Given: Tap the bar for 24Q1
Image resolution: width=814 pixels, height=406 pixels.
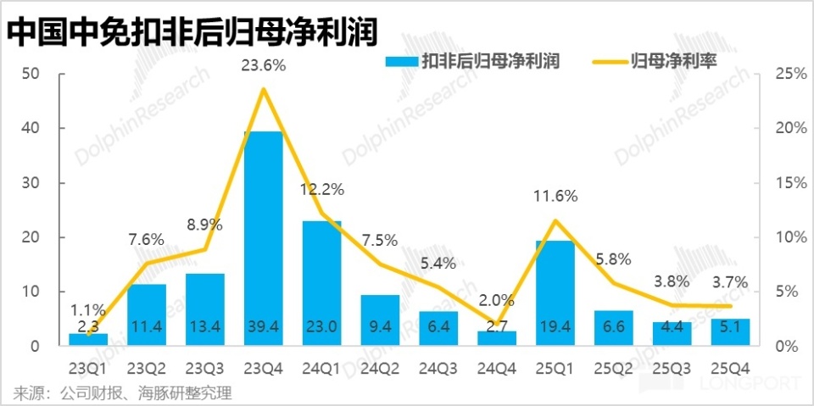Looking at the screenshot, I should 321,280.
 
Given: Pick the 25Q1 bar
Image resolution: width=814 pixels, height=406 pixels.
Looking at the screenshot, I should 555,288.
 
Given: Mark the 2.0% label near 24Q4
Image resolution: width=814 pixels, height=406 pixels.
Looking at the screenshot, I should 496,298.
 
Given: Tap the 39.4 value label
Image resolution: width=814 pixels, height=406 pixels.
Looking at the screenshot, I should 263,325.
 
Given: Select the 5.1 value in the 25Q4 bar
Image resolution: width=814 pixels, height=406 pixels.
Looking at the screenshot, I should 730,325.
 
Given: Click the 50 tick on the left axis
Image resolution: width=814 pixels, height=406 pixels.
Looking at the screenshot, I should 31,74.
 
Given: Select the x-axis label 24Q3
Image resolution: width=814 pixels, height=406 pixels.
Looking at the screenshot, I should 438,370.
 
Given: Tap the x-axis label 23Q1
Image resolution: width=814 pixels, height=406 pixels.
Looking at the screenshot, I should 88,370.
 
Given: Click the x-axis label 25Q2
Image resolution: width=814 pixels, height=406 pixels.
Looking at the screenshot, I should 613,370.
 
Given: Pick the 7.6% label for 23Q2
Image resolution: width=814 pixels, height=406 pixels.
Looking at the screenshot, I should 146,239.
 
